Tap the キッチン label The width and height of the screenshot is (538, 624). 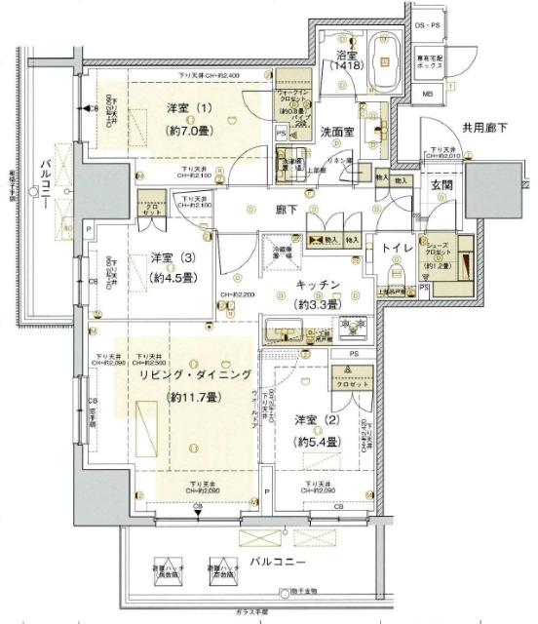(318, 284)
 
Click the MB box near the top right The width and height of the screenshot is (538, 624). (429, 94)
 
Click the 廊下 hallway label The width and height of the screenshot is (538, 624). (287, 207)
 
